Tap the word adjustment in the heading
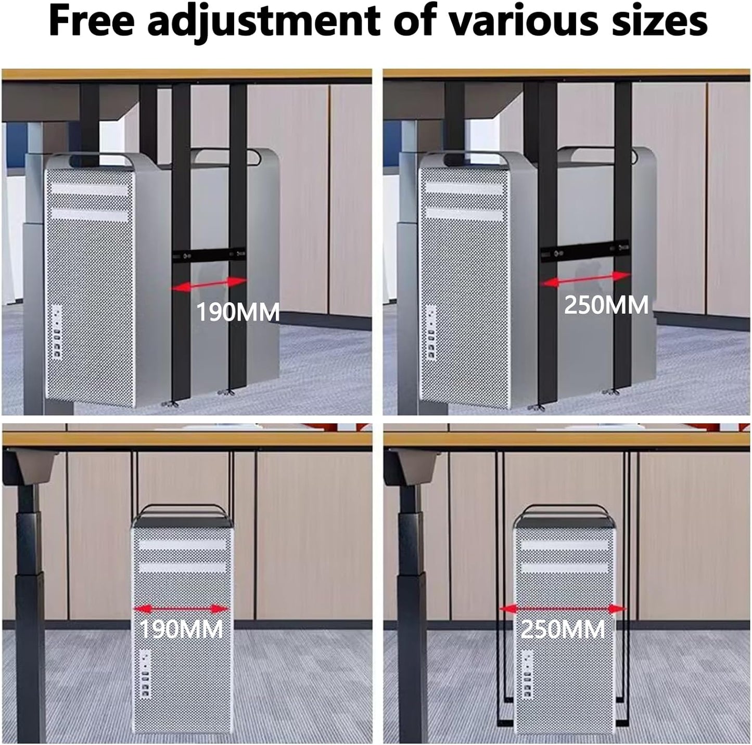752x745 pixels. [263, 22]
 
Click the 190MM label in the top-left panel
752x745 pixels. [237, 312]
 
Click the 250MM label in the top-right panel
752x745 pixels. [606, 305]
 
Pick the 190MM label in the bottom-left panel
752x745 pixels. [181, 630]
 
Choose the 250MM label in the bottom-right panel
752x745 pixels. [563, 630]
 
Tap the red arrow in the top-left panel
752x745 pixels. [209, 284]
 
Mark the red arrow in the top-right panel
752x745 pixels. [585, 279]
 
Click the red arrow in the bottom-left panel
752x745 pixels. [181, 609]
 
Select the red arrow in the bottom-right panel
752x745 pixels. [563, 609]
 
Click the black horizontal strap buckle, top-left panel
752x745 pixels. [209, 255]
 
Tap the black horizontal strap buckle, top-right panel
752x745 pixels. [585, 252]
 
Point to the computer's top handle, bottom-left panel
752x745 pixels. [181, 509]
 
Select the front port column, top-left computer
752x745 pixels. [56, 333]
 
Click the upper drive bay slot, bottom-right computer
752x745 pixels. [564, 545]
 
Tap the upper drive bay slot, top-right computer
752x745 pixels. [463, 188]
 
